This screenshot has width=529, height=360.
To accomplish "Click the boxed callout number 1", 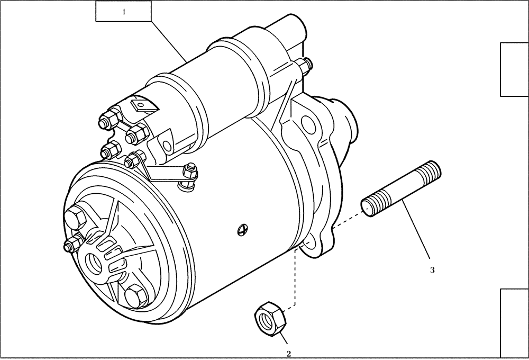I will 123,11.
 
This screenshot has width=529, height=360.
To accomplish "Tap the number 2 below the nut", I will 289,354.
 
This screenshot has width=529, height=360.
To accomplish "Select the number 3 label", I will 432,270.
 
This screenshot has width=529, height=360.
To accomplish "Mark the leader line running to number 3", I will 418,233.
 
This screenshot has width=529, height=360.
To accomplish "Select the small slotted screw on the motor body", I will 242,229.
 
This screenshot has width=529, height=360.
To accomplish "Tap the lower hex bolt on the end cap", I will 135,296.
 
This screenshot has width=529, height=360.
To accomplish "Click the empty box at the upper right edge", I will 514,70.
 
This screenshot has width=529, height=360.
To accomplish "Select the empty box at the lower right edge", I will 514,323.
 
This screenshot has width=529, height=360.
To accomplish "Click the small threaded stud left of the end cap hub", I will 71,244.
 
